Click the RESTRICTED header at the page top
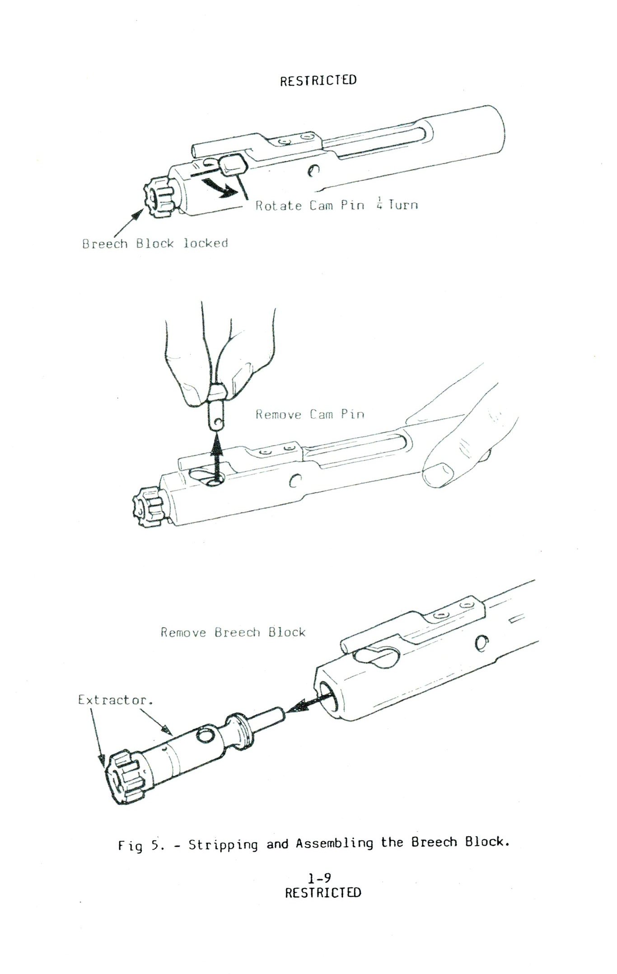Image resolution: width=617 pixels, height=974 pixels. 318,80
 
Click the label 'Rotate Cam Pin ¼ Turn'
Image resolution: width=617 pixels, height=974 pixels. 337,205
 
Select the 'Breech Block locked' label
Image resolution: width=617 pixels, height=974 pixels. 155,243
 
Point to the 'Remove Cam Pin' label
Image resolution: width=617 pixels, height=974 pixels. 310,415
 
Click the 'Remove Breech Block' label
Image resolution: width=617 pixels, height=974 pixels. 233,632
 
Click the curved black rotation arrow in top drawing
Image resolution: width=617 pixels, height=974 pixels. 219,186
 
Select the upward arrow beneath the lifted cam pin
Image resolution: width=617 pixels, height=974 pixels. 218,458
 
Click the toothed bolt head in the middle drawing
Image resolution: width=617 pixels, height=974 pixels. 149,505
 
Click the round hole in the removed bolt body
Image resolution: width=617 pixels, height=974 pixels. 206,735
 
